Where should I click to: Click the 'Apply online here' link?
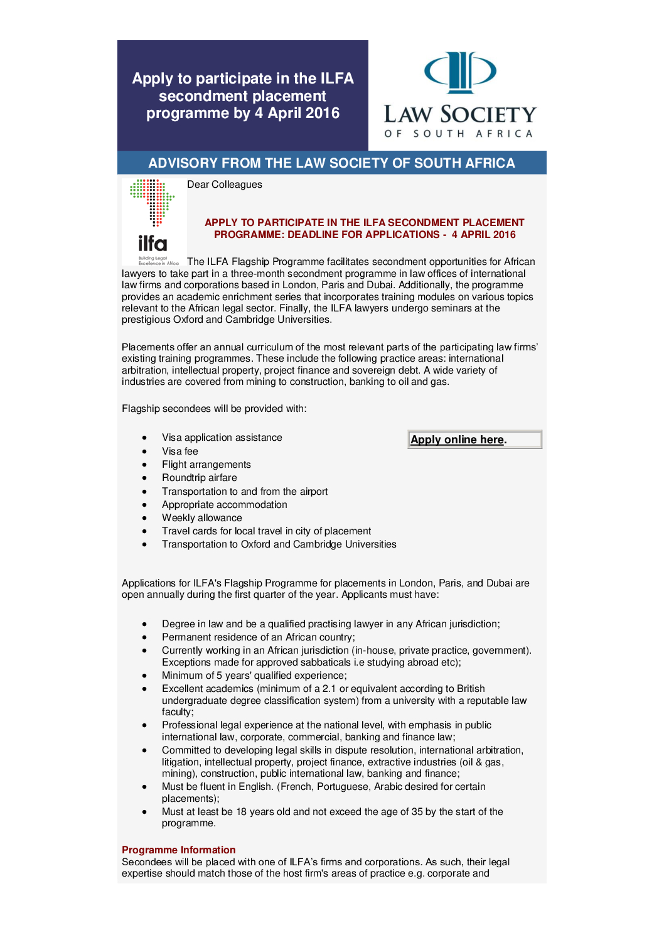tap(457, 440)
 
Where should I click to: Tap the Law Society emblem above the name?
tap(460, 72)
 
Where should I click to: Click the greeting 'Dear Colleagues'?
tap(224, 185)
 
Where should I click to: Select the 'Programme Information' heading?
tap(178, 850)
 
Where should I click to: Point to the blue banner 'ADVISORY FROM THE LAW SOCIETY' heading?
tap(331, 163)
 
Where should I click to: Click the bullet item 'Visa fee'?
tap(179, 451)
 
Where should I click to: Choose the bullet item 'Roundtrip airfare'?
tap(199, 478)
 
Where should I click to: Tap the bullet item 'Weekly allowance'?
tap(201, 518)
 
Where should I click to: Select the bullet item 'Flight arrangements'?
tap(206, 465)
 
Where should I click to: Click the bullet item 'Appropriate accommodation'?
tap(224, 505)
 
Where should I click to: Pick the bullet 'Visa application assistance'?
tap(222, 438)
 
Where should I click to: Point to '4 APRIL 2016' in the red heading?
tap(483, 235)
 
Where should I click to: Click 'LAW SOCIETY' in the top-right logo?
tap(460, 115)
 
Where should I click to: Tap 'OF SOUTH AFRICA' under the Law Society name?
tap(459, 134)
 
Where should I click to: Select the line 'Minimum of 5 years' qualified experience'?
tap(254, 676)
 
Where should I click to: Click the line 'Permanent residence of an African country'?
tap(258, 637)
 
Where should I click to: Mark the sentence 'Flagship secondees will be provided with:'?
tap(214, 409)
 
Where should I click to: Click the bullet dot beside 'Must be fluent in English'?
tap(144, 787)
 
